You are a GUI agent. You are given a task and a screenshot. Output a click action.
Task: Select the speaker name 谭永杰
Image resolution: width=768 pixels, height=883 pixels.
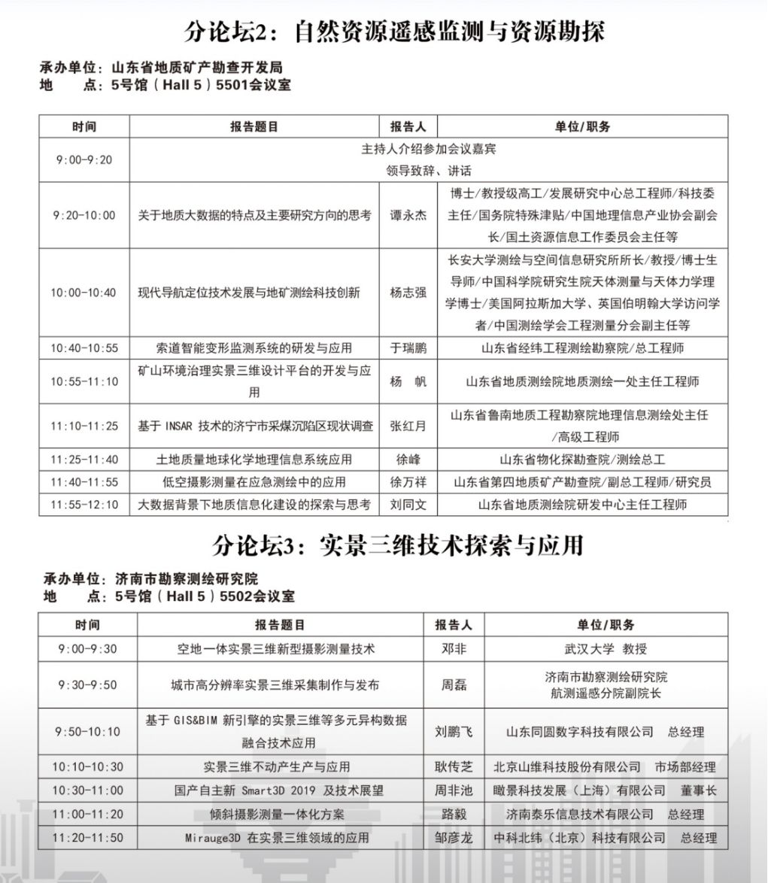click(x=408, y=215)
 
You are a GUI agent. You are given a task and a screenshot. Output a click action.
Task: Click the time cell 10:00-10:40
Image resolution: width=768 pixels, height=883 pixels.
click(x=83, y=292)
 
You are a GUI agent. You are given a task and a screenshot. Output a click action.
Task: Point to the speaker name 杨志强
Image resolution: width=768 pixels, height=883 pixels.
click(x=408, y=292)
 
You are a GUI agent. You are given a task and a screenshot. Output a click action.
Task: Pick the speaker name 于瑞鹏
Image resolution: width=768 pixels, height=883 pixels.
click(x=408, y=348)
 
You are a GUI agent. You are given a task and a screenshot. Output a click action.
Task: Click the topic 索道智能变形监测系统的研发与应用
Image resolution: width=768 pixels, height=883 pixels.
click(x=254, y=348)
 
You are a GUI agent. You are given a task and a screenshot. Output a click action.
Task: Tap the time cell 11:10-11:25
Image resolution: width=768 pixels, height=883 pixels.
click(x=83, y=426)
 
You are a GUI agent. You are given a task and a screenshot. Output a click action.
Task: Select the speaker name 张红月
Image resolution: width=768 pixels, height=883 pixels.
click(x=408, y=426)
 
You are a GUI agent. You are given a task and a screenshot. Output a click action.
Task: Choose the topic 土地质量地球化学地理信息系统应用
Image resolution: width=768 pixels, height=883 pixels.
click(x=254, y=460)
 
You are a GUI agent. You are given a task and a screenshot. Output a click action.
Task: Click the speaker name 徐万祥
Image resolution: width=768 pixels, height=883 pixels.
click(x=408, y=482)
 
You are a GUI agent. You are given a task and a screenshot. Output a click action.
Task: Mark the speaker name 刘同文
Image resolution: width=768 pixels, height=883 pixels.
click(x=408, y=505)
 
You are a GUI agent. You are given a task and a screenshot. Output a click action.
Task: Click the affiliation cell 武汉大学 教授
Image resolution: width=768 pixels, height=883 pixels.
click(x=606, y=648)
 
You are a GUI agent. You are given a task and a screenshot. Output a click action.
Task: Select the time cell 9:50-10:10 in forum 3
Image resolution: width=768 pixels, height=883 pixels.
click(x=87, y=731)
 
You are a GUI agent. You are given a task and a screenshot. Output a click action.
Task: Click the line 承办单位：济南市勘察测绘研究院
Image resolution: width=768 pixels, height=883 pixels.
click(x=150, y=579)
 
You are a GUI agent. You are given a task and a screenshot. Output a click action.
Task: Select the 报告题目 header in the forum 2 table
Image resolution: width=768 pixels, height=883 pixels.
click(x=254, y=126)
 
